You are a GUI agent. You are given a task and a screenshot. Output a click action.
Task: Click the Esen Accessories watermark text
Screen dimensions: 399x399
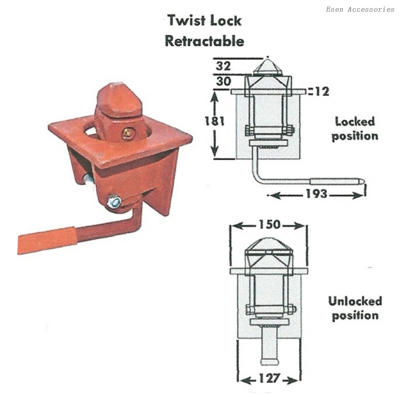click(x=360, y=9)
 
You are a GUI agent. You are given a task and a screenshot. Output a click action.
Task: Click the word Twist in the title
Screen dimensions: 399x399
click(x=187, y=20)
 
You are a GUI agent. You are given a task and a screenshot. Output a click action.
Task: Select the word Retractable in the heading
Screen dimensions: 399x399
click(x=205, y=41)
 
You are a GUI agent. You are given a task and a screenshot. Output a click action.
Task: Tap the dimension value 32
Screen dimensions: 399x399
click(x=223, y=66)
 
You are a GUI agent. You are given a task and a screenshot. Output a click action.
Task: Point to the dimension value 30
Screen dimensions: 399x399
click(x=224, y=81)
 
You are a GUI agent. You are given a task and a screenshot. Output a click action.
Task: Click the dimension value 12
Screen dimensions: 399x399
click(x=322, y=92)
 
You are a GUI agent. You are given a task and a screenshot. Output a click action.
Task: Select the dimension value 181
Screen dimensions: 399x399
click(x=215, y=121)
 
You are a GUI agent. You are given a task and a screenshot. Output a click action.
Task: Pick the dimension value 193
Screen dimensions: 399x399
click(x=316, y=194)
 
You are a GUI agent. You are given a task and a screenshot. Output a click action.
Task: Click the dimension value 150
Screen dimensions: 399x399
click(x=270, y=224)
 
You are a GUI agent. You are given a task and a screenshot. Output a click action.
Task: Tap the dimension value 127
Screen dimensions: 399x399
click(x=270, y=378)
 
